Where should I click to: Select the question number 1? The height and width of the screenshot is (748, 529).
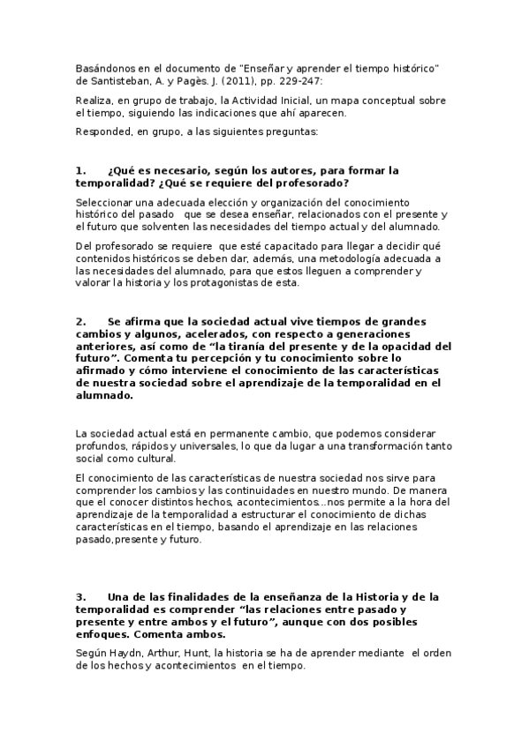pos(80,169)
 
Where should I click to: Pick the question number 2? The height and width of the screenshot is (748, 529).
pos(80,322)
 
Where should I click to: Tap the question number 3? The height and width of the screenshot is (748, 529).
pos(80,596)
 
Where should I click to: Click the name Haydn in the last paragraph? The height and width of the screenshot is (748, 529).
pos(129,654)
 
